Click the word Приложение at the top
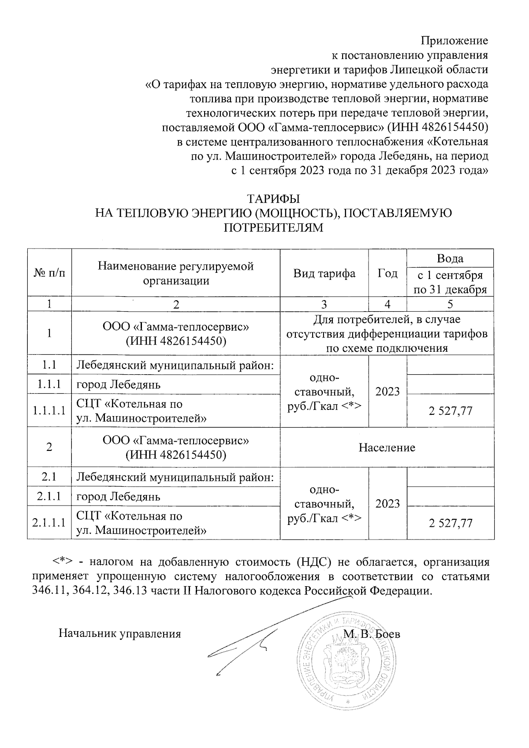click(454, 41)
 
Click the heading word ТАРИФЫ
click(273, 198)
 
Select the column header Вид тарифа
click(324, 273)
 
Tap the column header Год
click(387, 273)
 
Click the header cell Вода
click(450, 258)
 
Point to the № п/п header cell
click(49, 273)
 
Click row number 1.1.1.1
click(49, 410)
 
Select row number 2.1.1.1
click(49, 523)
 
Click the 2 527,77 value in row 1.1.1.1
click(450, 411)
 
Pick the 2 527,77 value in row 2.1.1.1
click(450, 523)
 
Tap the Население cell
click(387, 447)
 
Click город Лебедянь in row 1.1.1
click(119, 384)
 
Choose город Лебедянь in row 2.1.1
click(119, 497)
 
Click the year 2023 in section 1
click(387, 391)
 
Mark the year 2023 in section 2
click(387, 503)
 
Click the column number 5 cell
click(450, 304)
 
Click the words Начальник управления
click(120, 634)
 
